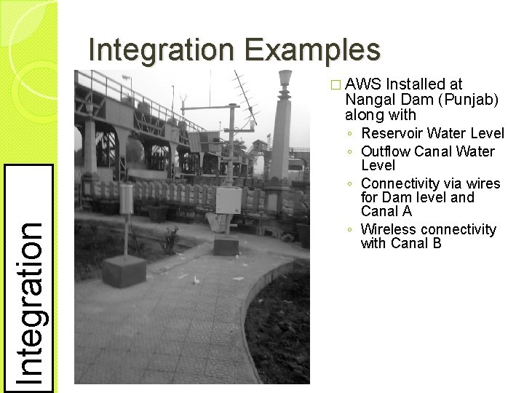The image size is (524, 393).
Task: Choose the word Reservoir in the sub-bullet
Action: (x=393, y=135)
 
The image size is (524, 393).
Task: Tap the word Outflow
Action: (x=386, y=151)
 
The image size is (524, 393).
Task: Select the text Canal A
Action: (x=386, y=212)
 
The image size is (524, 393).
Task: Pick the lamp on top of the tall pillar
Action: (x=285, y=78)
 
